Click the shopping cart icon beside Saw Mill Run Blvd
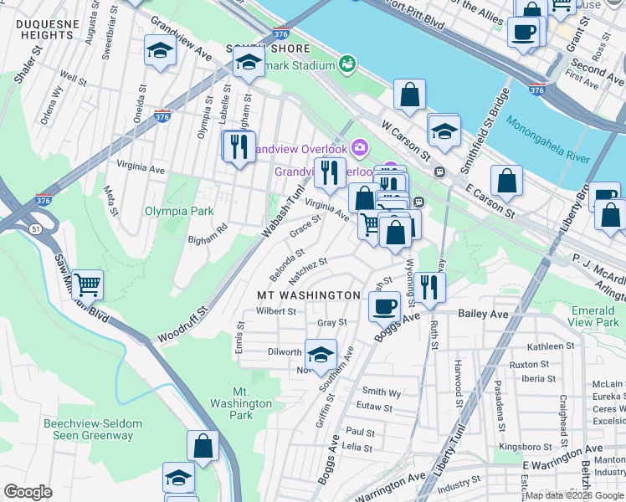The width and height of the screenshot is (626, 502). (87, 284)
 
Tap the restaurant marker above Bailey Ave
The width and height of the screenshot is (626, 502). (430, 286)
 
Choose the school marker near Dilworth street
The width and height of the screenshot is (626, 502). (321, 354)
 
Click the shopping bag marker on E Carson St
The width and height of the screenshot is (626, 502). (507, 179)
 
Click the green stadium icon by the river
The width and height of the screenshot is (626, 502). (346, 64)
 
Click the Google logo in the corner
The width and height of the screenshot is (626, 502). (28, 492)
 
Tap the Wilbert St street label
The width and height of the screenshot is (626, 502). (276, 311)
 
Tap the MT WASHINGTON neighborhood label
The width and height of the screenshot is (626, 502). (308, 295)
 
